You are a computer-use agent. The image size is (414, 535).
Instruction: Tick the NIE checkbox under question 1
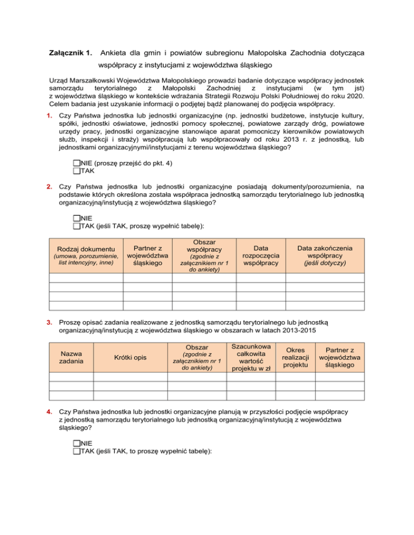pos(75,163)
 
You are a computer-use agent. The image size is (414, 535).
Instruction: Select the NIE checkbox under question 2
pos(75,219)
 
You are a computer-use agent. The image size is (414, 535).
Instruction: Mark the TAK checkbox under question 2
pos(75,226)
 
